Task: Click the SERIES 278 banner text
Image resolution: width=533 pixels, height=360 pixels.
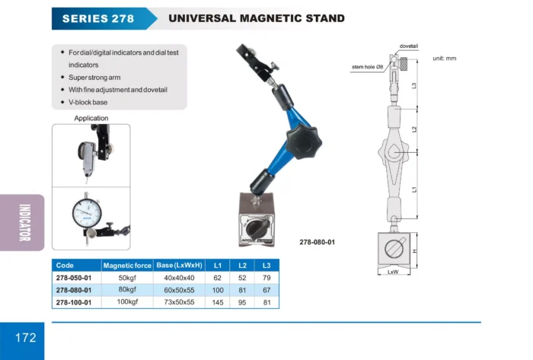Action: coord(98,18)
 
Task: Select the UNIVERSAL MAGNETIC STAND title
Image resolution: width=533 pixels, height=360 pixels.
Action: coord(257,18)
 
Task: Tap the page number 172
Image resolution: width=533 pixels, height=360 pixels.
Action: coord(25,338)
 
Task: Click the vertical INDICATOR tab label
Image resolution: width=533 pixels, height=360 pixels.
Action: coord(25,222)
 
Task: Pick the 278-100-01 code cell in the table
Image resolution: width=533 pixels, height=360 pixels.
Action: coord(74,302)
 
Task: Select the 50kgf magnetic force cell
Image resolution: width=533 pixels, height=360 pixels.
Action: coord(127,278)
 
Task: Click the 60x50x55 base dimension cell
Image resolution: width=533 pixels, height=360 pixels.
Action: coord(179,290)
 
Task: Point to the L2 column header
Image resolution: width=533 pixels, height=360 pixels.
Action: coord(242,266)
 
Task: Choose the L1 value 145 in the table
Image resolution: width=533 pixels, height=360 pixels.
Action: coord(218,302)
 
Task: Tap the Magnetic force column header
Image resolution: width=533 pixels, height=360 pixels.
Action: coord(127,266)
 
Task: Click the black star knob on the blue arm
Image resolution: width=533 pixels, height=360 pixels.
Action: coord(304,142)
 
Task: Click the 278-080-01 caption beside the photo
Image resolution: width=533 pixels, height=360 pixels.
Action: coord(318,242)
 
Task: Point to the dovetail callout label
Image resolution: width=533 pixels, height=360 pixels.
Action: coord(409,46)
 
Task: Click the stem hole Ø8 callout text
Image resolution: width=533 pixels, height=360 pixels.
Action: coord(368,67)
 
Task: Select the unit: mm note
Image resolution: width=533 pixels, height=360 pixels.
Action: coord(444,59)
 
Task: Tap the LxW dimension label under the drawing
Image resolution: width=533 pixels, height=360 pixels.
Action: coord(393,272)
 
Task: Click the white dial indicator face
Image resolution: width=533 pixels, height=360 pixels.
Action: coord(87,213)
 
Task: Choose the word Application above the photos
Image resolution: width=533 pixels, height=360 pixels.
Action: coord(91,118)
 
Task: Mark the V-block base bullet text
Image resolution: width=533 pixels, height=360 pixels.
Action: coord(88,102)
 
